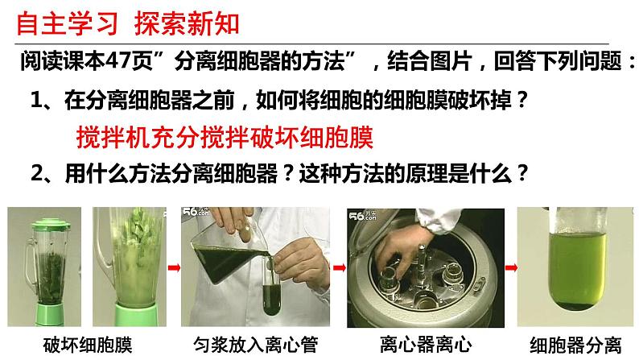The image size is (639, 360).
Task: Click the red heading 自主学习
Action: (68, 23)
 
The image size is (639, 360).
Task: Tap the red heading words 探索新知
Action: (187, 23)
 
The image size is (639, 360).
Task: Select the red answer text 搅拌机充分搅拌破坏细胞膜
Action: (225, 137)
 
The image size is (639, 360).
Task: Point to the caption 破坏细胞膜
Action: (88, 345)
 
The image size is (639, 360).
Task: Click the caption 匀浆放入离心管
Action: (255, 345)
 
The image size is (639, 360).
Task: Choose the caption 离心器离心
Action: (426, 345)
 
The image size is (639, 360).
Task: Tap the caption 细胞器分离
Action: (575, 345)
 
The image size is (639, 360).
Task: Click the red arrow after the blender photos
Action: (174, 268)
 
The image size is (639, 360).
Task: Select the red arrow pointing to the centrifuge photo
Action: (340, 268)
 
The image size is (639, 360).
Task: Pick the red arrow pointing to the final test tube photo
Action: (511, 268)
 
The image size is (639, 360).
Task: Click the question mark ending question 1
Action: (522, 99)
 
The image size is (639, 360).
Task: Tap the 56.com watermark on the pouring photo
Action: (196, 212)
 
